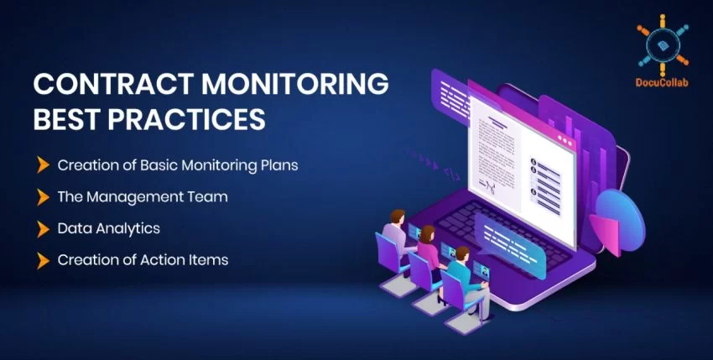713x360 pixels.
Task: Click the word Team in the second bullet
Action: (x=210, y=196)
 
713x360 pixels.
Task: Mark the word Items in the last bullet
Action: (x=209, y=260)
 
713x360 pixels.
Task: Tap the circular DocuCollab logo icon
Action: (x=662, y=39)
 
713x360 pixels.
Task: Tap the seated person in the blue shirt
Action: (x=459, y=274)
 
